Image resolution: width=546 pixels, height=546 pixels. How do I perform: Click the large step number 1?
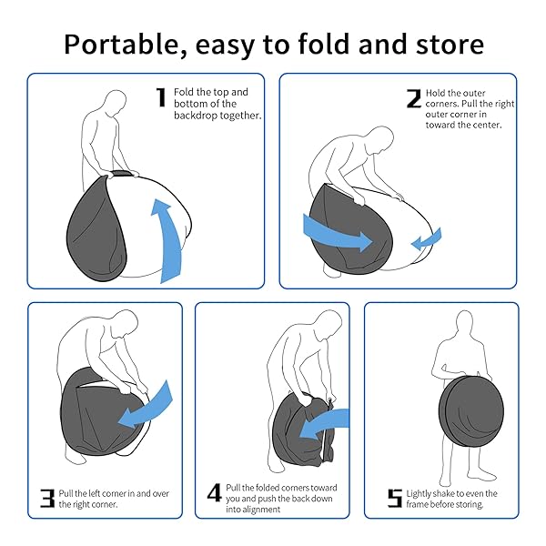click(161, 97)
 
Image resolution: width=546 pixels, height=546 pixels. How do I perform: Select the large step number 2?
click(414, 98)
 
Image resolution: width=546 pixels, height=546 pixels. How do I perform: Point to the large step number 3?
click(47, 499)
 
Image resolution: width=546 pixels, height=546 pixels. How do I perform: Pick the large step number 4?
click(214, 492)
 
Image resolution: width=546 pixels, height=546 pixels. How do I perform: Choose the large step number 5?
click(395, 499)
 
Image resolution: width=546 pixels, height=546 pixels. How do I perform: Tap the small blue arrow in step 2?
click(426, 238)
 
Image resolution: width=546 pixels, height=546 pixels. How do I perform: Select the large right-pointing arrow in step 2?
click(336, 234)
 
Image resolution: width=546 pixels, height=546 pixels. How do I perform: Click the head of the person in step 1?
click(116, 103)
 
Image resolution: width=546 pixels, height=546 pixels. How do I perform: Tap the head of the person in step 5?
click(464, 323)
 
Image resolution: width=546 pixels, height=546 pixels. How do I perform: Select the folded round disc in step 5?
click(471, 411)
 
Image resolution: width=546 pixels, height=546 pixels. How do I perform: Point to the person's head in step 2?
click(381, 139)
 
